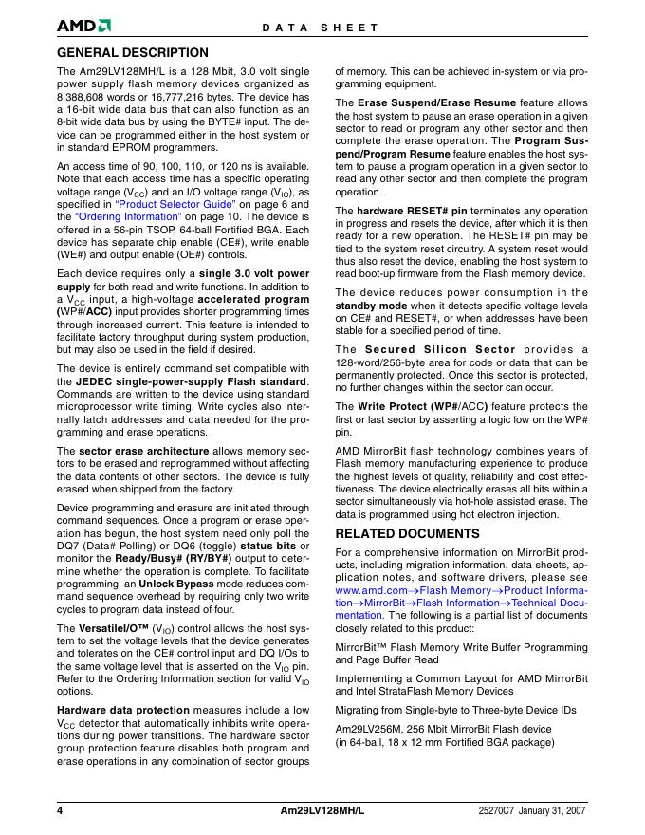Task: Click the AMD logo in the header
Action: click(x=84, y=27)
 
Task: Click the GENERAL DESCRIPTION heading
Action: click(x=133, y=53)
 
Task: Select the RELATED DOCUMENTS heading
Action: click(x=408, y=533)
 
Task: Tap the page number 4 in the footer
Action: click(x=60, y=812)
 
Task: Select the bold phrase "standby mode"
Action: click(x=372, y=306)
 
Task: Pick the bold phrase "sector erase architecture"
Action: click(x=131, y=450)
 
